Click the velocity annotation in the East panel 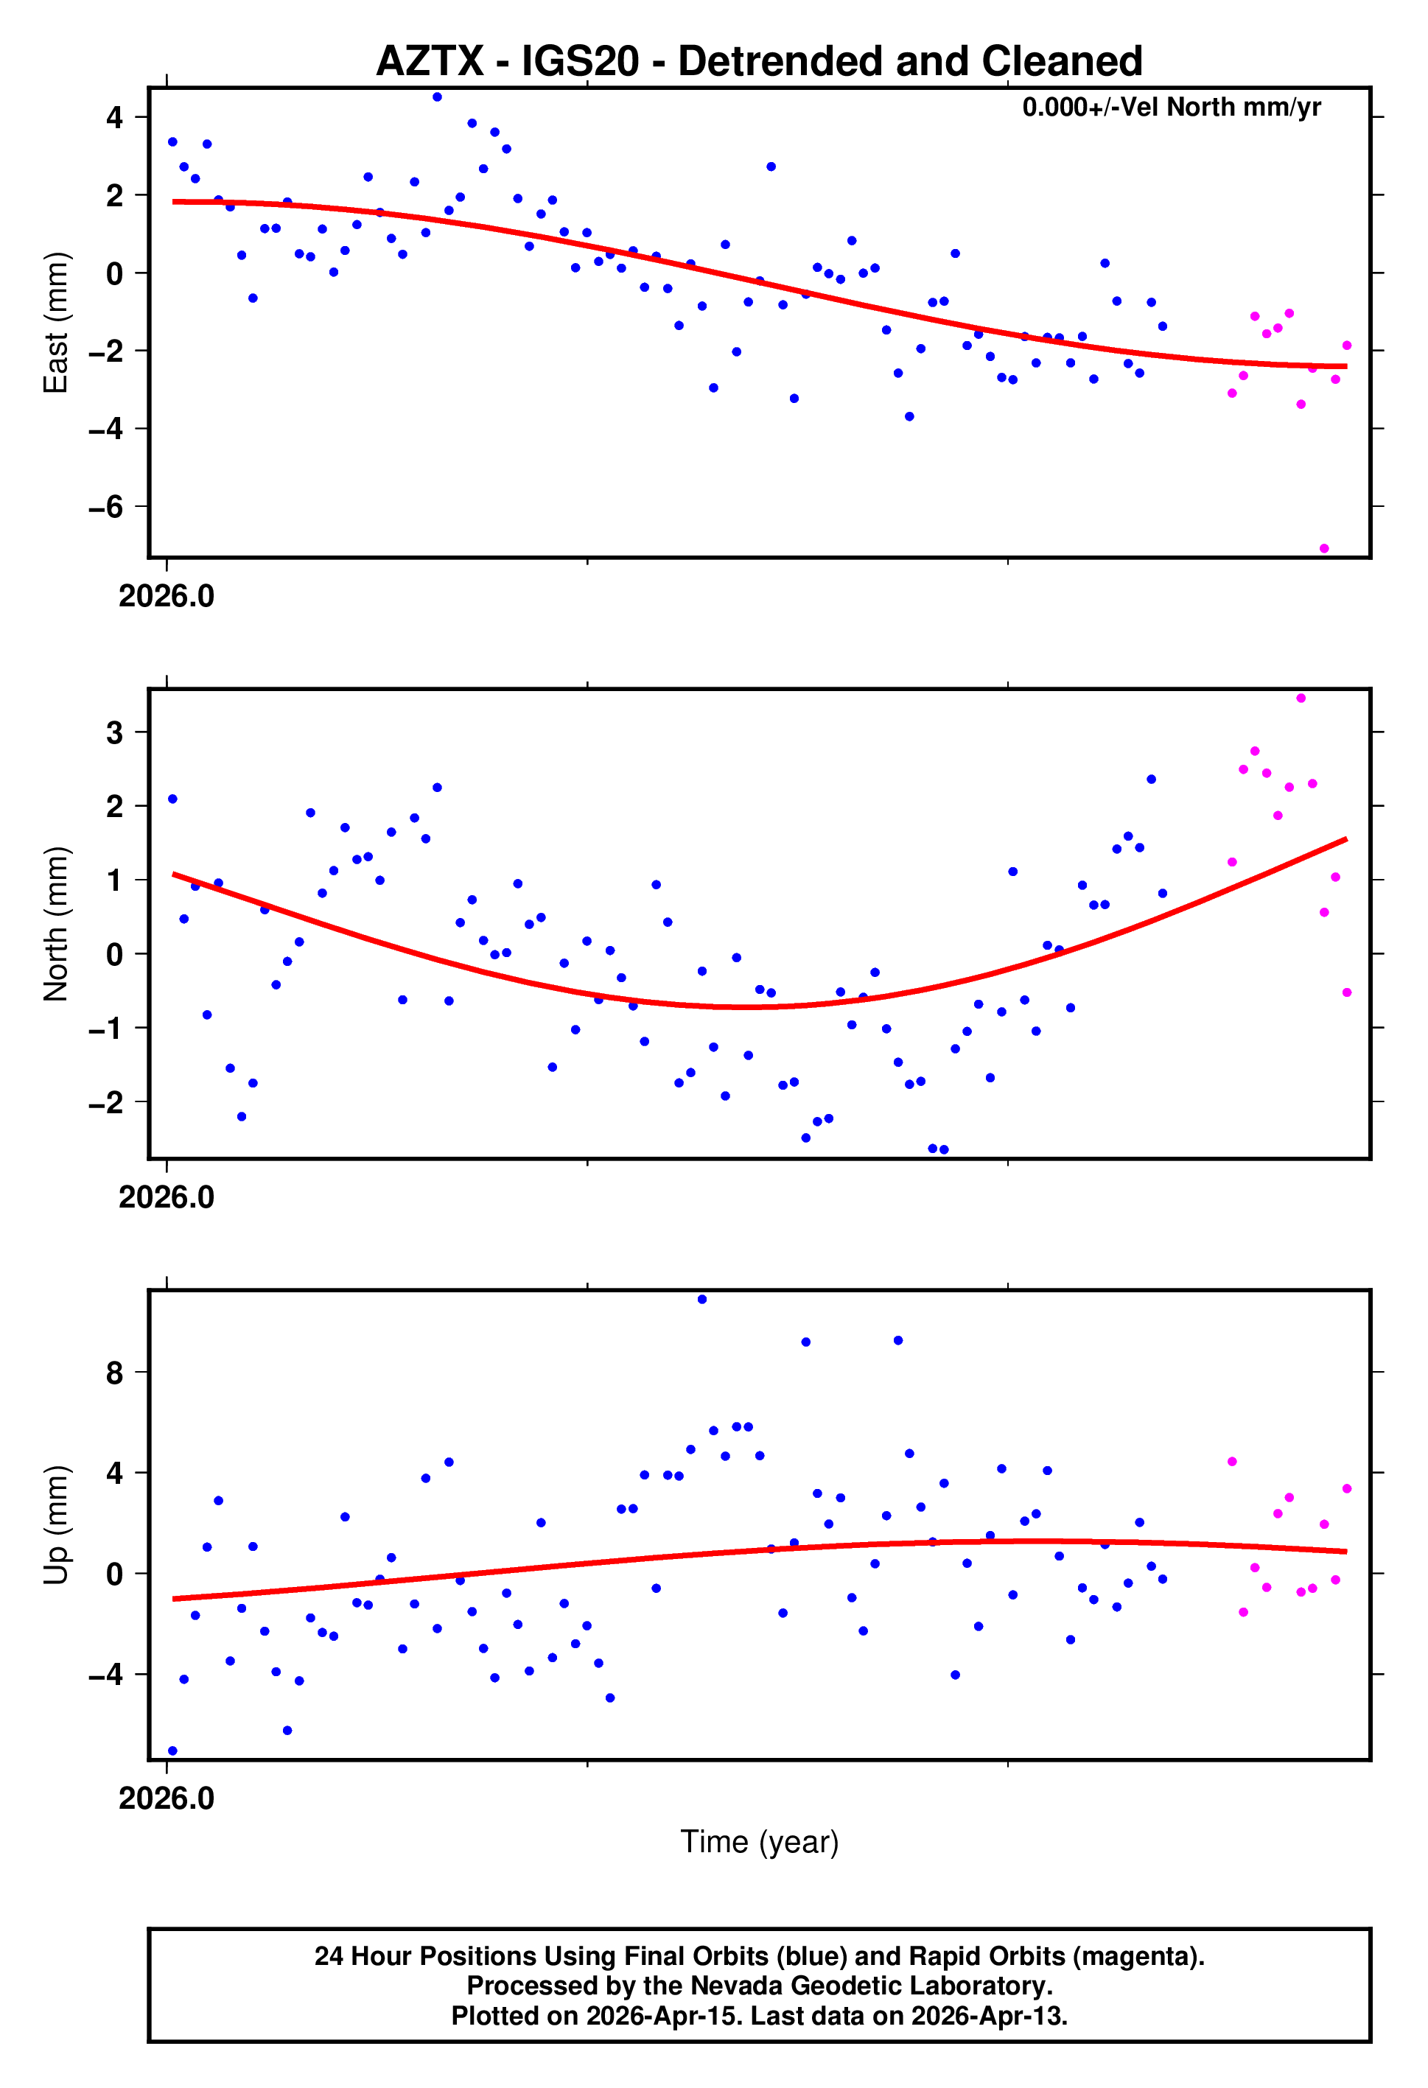(1170, 107)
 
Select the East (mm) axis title (56, 323)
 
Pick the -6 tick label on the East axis (106, 507)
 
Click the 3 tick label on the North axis (114, 732)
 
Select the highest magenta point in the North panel (1301, 698)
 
